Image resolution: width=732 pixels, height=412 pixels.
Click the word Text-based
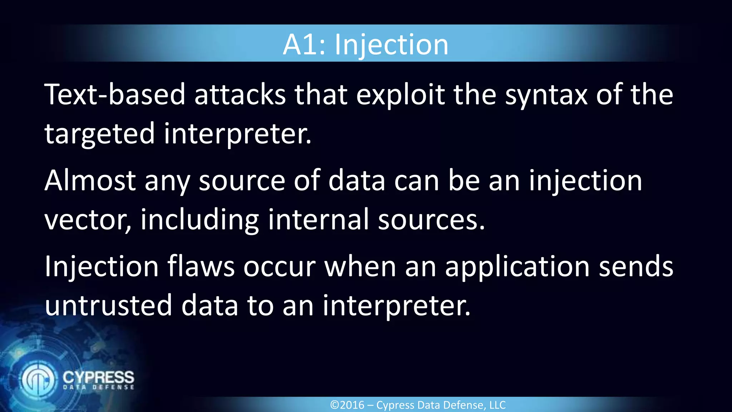115,94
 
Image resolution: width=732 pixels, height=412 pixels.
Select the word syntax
546,95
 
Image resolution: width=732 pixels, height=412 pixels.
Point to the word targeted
99,134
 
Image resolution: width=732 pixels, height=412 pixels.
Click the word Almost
90,181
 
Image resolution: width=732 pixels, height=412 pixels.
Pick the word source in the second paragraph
242,181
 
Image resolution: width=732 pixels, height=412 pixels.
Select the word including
199,220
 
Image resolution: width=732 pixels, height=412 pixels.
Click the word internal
318,220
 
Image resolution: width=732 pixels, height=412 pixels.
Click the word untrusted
109,305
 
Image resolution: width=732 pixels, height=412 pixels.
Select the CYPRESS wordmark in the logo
98,377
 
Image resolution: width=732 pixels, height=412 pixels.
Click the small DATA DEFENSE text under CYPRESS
98,387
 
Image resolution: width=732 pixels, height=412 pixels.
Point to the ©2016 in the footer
347,405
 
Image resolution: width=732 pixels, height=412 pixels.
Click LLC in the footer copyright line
497,405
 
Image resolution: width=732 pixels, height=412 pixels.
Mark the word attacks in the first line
240,94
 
